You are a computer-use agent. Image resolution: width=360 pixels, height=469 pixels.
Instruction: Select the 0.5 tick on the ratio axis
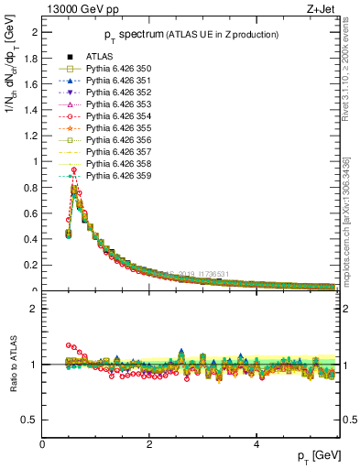tap(31, 420)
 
